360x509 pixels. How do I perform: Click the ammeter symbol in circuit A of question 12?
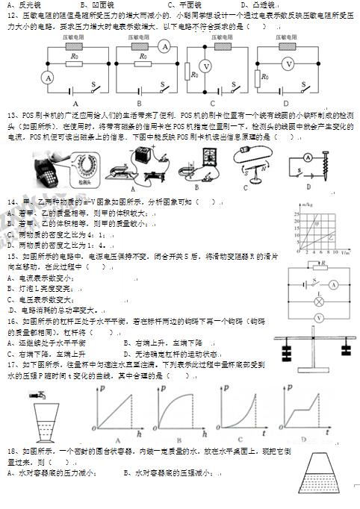pyautogui.click(x=49, y=77)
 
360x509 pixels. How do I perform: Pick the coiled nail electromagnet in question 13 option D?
pyautogui.click(x=317, y=157)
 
